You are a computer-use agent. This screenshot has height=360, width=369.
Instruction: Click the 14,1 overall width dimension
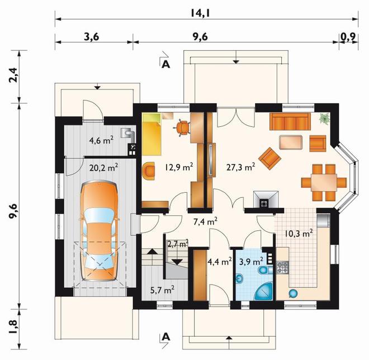pos(200,13)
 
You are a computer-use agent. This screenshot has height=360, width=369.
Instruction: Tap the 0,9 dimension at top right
pos(348,37)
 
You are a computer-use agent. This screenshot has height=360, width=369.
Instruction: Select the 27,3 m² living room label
pos(240,167)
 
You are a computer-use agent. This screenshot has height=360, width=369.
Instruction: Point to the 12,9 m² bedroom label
pos(179,167)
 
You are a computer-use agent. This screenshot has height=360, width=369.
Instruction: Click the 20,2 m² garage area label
pos(103,167)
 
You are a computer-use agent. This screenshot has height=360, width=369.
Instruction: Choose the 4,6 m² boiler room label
pos(101,140)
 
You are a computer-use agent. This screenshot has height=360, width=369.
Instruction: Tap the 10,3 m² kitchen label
pos(299,234)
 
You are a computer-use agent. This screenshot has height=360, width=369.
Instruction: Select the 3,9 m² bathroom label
pos(251,262)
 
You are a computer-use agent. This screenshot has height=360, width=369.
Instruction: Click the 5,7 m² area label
pos(162,290)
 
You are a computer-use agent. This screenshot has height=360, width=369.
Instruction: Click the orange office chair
pos(183,128)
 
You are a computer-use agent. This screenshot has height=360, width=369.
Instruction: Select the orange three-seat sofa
pos(290,121)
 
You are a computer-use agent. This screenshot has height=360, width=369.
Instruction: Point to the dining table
pos(324,182)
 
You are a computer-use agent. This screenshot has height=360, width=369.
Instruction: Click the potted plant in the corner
pos(324,119)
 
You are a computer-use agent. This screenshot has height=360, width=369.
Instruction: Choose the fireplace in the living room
pos(266,200)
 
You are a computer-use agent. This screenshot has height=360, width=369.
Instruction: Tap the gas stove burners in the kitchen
pos(282,267)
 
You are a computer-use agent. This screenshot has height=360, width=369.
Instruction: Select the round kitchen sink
pos(293,293)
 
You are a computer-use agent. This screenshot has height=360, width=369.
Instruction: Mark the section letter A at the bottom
pos(166,337)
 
